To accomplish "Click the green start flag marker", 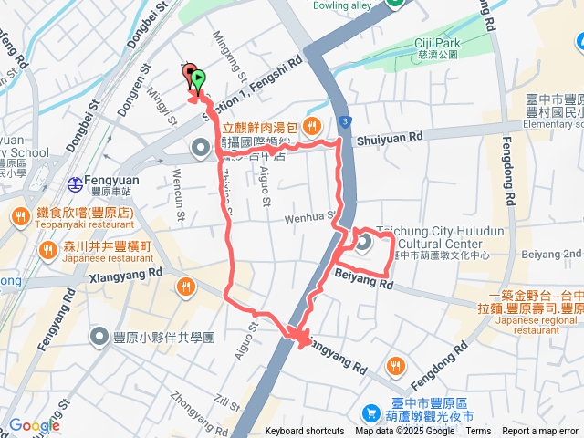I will pos(198,81).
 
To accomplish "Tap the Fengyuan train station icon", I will pos(75,184).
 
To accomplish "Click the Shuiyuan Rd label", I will pos(391,137).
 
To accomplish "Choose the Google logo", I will pos(35,425).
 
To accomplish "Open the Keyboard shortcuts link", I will pos(305,431).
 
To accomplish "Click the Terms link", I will pos(478,431).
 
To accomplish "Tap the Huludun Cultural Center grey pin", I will pos(363,243).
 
